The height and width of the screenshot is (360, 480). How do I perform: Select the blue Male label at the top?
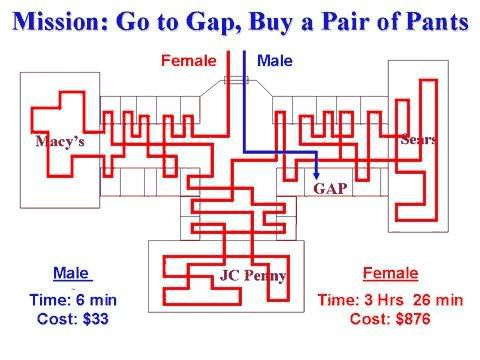click(x=274, y=62)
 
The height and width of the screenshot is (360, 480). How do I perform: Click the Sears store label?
click(x=418, y=139)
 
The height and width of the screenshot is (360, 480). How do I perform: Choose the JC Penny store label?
click(x=252, y=275)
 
